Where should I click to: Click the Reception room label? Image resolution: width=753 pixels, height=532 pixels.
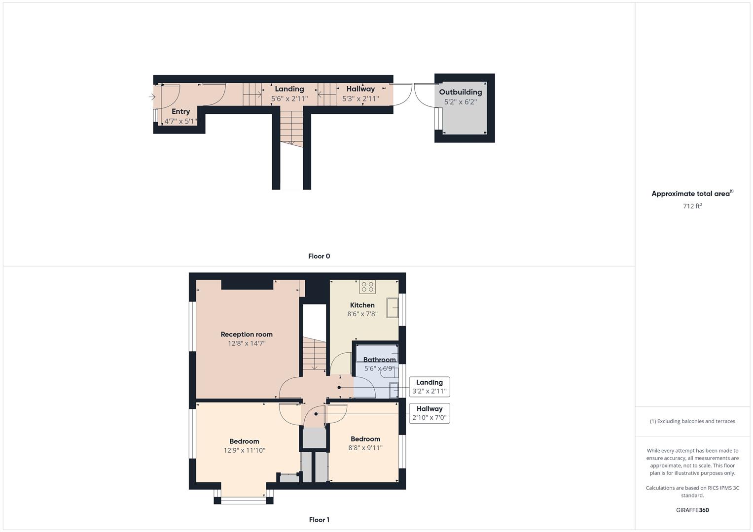[247, 334]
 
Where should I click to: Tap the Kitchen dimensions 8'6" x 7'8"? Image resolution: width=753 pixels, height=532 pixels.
[362, 314]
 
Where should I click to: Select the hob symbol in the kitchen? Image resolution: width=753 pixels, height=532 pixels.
[367, 287]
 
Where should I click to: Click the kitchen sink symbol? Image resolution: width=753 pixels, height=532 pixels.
[393, 307]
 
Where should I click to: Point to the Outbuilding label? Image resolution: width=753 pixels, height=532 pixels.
[460, 92]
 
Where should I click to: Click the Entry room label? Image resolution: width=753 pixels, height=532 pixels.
[180, 111]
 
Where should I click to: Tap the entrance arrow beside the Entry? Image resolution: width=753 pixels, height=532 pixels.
[152, 97]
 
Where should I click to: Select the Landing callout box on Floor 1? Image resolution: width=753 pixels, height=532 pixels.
[430, 387]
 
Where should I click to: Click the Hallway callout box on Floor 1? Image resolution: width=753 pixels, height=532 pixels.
[430, 413]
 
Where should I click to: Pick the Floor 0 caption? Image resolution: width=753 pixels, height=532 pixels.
[319, 256]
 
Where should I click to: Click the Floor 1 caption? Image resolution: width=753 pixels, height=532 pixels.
[319, 520]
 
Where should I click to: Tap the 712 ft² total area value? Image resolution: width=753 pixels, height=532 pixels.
[692, 206]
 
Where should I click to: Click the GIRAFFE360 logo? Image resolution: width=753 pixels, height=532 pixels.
[692, 510]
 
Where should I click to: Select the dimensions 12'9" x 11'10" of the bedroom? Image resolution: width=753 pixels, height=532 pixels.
[245, 450]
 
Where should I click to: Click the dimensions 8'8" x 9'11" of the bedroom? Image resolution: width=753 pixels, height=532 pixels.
[365, 448]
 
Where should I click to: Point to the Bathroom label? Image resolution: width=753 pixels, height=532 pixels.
[380, 360]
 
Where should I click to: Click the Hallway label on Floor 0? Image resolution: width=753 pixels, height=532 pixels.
[360, 89]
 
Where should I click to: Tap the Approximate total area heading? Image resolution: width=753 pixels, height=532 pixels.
[692, 193]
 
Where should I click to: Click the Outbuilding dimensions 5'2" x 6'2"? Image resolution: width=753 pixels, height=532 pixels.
[461, 102]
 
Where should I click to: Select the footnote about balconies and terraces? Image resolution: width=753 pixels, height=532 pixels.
[692, 421]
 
